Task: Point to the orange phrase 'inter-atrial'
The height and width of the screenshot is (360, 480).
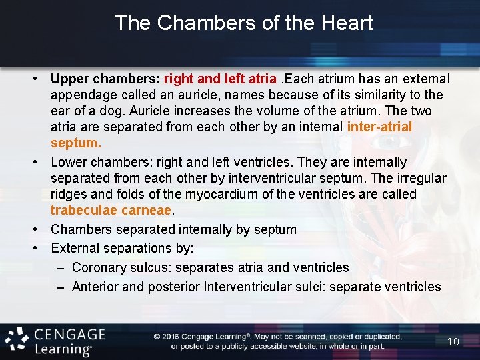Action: (x=379, y=127)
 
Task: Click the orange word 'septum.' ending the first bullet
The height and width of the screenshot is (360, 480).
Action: (x=76, y=143)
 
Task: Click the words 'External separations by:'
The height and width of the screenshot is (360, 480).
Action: (x=122, y=248)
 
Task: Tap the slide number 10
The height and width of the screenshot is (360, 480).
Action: (x=453, y=341)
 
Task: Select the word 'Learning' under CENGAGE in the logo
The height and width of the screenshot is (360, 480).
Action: (x=63, y=349)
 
